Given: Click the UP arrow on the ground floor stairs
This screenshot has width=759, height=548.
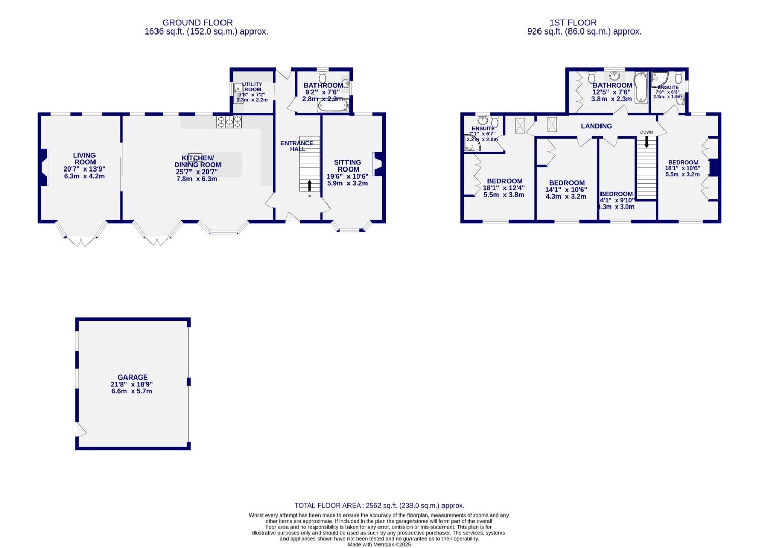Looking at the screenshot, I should point(310,185).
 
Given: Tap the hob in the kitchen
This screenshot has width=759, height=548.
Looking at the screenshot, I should point(230,122).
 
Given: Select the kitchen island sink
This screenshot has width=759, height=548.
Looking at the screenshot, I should point(196,156).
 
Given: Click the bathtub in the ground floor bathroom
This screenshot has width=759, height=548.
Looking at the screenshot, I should point(333,106).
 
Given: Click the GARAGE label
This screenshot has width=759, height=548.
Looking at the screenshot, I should point(133,377).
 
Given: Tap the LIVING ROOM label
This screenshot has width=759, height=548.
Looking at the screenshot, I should point(84,159).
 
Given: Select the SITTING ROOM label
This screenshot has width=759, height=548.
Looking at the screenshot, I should point(347,166).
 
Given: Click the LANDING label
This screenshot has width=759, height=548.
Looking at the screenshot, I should point(596,126).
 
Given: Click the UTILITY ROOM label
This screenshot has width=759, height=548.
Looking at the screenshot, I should point(252,87).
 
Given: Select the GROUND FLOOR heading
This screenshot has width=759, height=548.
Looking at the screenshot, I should point(197,22).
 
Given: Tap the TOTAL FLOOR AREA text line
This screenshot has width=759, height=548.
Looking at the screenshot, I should point(379,505).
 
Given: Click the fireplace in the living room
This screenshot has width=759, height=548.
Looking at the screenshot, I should point(44,167).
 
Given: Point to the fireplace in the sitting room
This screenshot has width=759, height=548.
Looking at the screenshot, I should point(377,164).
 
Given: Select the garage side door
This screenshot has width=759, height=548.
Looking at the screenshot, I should point(81,431).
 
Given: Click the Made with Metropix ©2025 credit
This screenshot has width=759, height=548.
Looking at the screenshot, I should point(379,544).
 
